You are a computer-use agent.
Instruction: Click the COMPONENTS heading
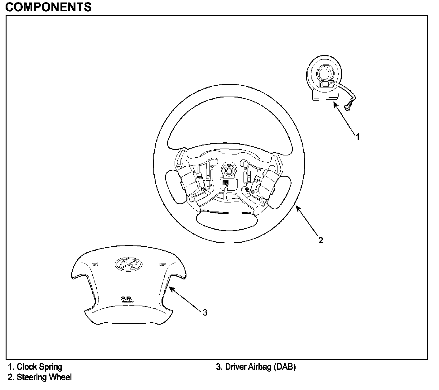click(48, 7)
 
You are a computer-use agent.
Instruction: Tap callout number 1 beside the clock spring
click(358, 136)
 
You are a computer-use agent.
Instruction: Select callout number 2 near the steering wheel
click(321, 240)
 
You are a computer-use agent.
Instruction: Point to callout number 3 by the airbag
click(205, 312)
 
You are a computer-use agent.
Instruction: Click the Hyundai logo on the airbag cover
click(128, 264)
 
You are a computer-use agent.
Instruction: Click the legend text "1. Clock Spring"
click(35, 367)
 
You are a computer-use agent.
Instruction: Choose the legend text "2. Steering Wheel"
click(40, 377)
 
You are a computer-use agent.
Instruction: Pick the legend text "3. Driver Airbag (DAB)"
click(256, 367)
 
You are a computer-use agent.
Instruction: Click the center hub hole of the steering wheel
click(229, 170)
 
